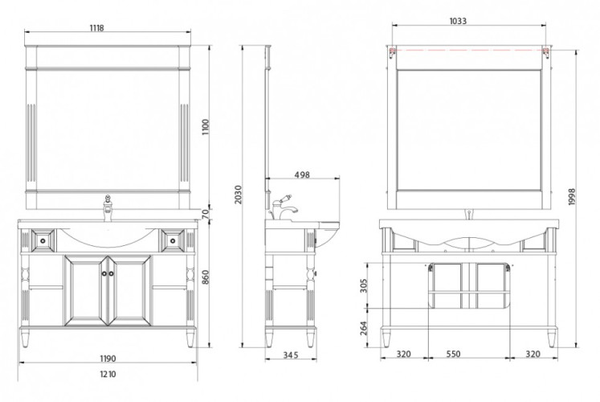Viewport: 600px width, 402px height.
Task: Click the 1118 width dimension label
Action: tap(97, 27)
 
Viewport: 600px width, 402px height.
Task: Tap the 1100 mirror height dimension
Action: tap(206, 127)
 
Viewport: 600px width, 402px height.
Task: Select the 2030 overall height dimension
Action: tap(238, 195)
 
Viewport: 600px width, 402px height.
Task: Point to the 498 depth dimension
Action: tap(302, 174)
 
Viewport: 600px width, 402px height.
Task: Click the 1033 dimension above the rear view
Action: tap(458, 21)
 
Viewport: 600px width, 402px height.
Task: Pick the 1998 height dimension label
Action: tap(572, 196)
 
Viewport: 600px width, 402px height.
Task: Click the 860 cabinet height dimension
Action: tap(206, 277)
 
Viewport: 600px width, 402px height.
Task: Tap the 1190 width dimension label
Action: tap(108, 359)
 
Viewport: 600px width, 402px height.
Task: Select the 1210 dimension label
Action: tap(108, 374)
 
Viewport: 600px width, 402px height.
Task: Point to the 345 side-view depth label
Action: tap(291, 355)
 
